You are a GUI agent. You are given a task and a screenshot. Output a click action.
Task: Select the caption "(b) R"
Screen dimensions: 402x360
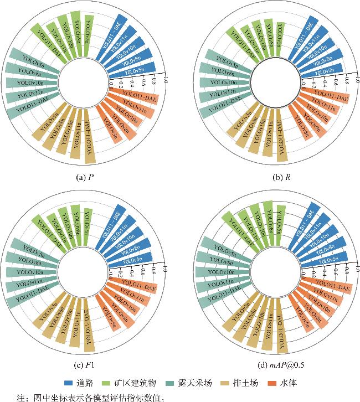click(x=272, y=177)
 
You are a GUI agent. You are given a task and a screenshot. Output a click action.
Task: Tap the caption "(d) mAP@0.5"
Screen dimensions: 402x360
click(x=272, y=365)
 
